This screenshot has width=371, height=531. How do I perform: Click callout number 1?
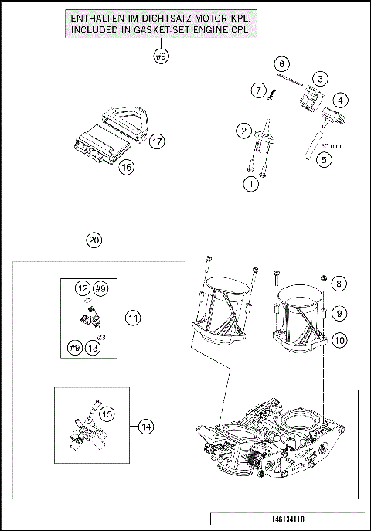(250, 184)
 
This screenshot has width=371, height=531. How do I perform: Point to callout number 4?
(341, 99)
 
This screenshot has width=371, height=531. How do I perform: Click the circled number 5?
(324, 160)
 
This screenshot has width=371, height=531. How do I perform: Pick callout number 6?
(282, 63)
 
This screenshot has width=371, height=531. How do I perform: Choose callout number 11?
(132, 318)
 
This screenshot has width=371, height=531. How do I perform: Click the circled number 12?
(82, 288)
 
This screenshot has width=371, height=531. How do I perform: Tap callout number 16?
(126, 166)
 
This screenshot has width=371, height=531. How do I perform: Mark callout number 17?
(157, 141)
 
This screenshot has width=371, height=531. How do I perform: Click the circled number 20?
(94, 240)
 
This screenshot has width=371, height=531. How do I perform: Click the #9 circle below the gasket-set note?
(161, 56)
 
